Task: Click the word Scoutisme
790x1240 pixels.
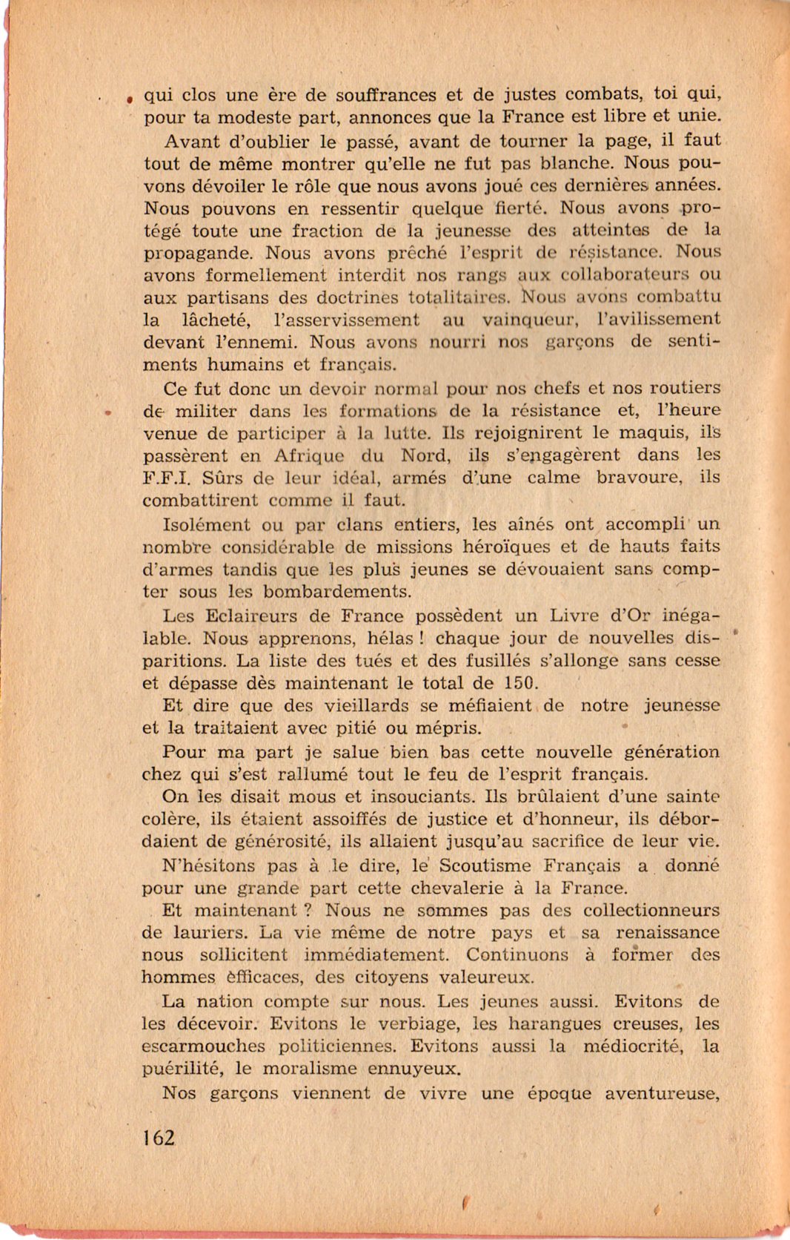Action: [485, 865]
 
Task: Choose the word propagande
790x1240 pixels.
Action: [199, 253]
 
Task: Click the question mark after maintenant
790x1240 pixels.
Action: [302, 910]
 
